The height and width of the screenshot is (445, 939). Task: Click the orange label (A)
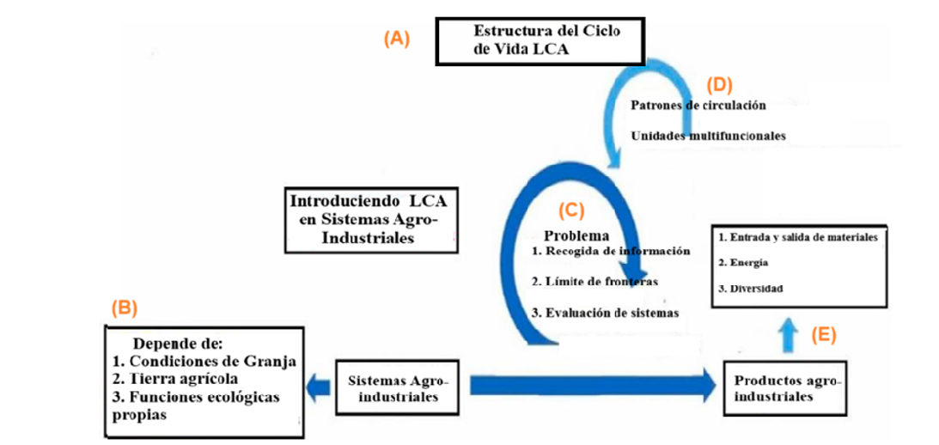click(397, 39)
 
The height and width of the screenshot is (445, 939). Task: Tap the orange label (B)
click(125, 306)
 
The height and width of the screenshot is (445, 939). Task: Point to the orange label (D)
click(718, 85)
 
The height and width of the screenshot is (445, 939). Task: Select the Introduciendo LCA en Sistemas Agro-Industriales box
click(369, 220)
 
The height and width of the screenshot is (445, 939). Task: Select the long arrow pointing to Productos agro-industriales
click(593, 385)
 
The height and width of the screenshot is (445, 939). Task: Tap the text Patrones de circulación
click(698, 105)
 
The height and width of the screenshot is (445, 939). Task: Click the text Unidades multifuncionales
click(709, 136)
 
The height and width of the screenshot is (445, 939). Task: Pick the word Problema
click(577, 235)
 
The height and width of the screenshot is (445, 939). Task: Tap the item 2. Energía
click(744, 262)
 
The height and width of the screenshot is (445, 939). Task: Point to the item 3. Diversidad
click(751, 289)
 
